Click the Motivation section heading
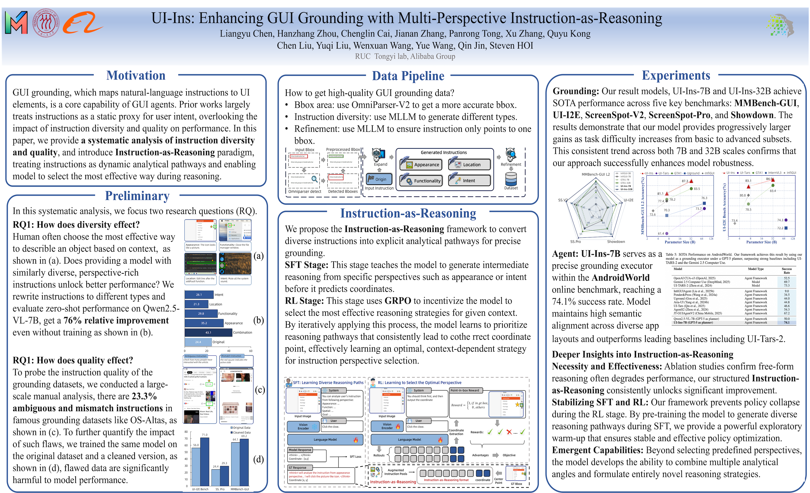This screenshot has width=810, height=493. [136, 75]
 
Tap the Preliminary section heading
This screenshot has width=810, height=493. [137, 196]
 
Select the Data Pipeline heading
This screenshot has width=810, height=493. [408, 76]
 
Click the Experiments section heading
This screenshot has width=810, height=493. [676, 75]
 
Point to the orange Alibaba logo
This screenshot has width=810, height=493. [82, 23]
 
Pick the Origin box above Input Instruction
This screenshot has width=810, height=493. [379, 179]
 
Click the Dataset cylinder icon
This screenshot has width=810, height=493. [511, 179]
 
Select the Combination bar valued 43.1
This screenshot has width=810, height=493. [208, 333]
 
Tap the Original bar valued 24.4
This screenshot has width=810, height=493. [198, 342]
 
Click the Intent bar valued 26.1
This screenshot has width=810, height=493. [199, 295]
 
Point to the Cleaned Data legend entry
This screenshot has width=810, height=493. [241, 433]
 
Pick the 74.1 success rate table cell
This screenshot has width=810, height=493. [786, 322]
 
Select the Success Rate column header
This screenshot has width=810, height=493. [786, 271]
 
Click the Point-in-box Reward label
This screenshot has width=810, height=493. [464, 390]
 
